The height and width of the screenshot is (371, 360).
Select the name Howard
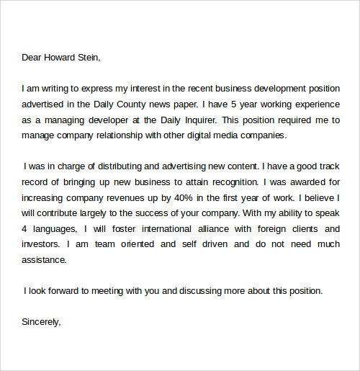click(x=60, y=58)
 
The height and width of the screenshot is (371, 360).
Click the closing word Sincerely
click(x=41, y=322)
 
